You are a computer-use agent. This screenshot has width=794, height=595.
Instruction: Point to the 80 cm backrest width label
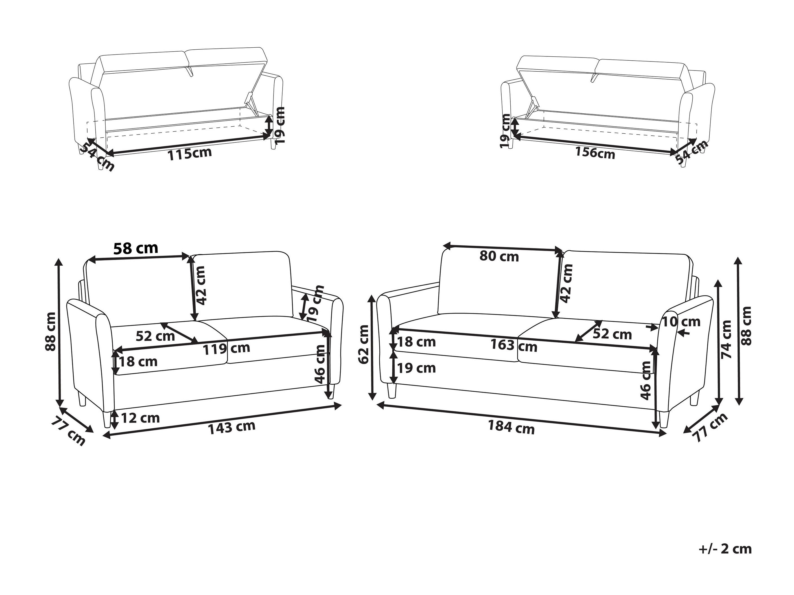(x=499, y=256)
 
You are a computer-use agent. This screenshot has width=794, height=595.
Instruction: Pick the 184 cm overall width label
(x=511, y=427)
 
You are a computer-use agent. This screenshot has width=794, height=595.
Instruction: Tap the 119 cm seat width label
(x=226, y=348)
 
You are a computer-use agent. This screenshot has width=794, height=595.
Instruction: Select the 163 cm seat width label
(x=514, y=346)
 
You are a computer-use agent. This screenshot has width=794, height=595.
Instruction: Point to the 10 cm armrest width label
(x=681, y=322)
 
